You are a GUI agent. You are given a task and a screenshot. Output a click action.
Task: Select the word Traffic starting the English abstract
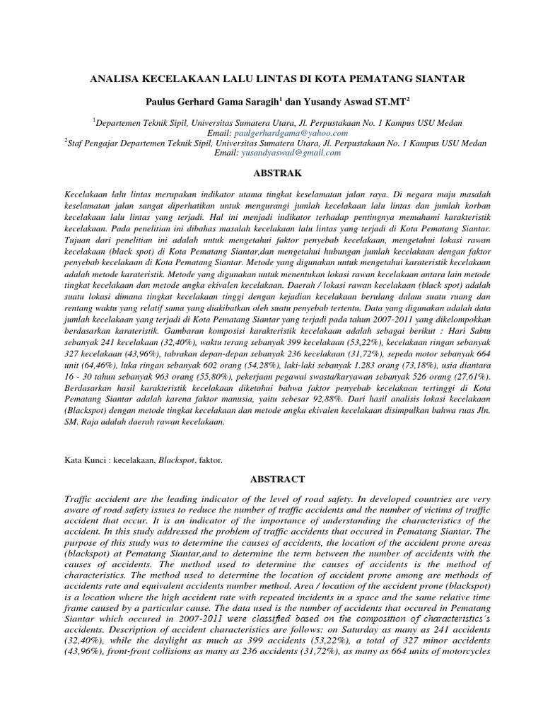80,499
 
